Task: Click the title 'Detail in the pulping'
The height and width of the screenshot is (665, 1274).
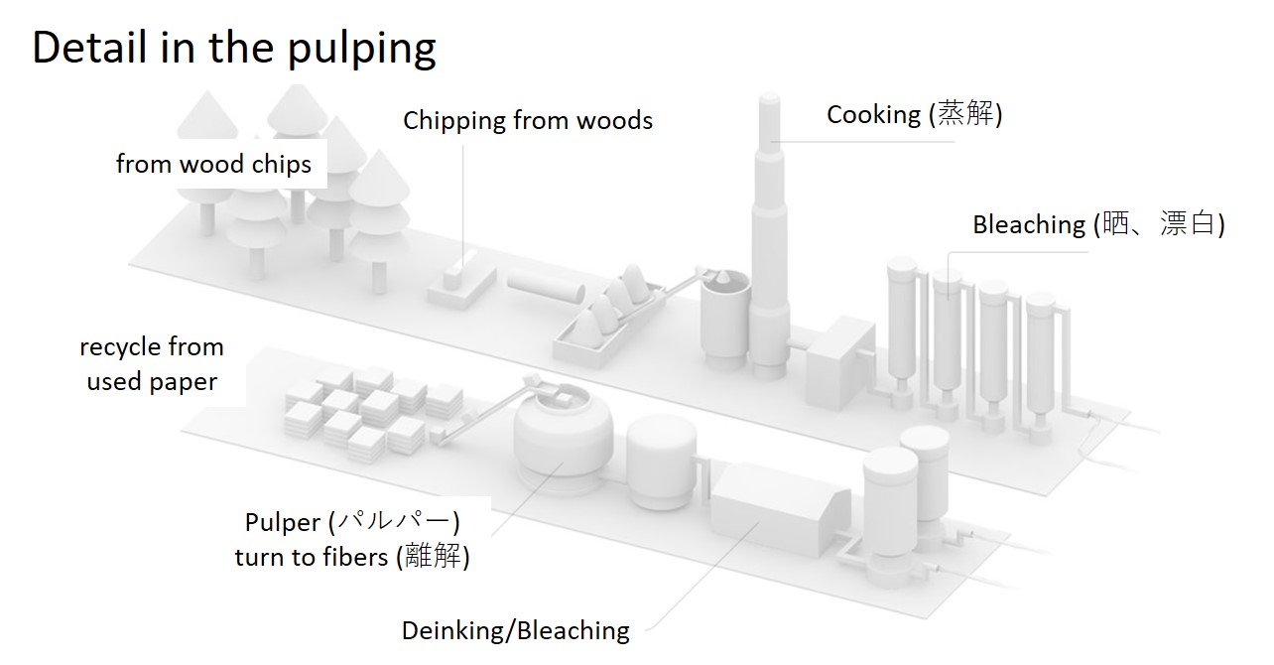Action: click(234, 47)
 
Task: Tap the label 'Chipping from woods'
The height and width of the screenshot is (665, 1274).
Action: click(527, 121)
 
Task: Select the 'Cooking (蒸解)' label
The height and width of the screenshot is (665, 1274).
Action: click(914, 115)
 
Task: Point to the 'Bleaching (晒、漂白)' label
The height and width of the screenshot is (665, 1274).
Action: click(1097, 224)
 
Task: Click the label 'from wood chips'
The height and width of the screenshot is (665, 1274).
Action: click(213, 164)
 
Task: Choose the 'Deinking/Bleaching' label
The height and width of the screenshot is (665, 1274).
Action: click(515, 630)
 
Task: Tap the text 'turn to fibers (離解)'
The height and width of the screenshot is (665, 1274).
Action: click(352, 557)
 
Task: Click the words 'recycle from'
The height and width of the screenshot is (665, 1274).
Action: click(152, 347)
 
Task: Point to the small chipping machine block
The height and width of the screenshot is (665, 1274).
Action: click(461, 284)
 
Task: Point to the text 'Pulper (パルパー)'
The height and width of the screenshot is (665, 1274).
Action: click(352, 522)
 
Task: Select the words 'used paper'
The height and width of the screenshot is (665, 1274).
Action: click(152, 381)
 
